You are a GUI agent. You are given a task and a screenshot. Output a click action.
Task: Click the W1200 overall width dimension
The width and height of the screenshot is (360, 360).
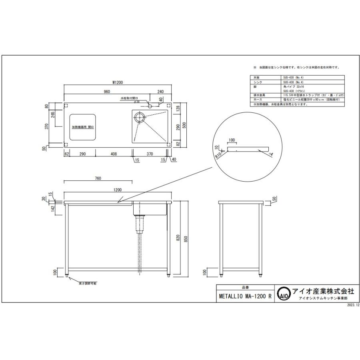click(x=117, y=82)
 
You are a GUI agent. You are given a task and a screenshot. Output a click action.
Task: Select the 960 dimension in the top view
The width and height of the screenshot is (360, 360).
click(x=107, y=92)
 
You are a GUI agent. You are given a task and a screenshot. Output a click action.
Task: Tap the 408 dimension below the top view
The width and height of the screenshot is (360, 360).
click(x=114, y=154)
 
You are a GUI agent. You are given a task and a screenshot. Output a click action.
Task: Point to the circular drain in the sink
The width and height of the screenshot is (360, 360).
click(x=140, y=117)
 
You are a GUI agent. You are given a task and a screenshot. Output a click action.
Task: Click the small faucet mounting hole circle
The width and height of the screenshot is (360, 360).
click(x=149, y=106)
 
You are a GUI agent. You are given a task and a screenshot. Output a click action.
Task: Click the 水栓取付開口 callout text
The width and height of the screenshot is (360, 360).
click(x=129, y=98)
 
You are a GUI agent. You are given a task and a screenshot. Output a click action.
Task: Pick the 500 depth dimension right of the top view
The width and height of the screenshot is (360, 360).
click(x=184, y=124)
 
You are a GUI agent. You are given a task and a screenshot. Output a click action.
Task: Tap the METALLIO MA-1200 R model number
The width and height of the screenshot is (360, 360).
click(x=245, y=297)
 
